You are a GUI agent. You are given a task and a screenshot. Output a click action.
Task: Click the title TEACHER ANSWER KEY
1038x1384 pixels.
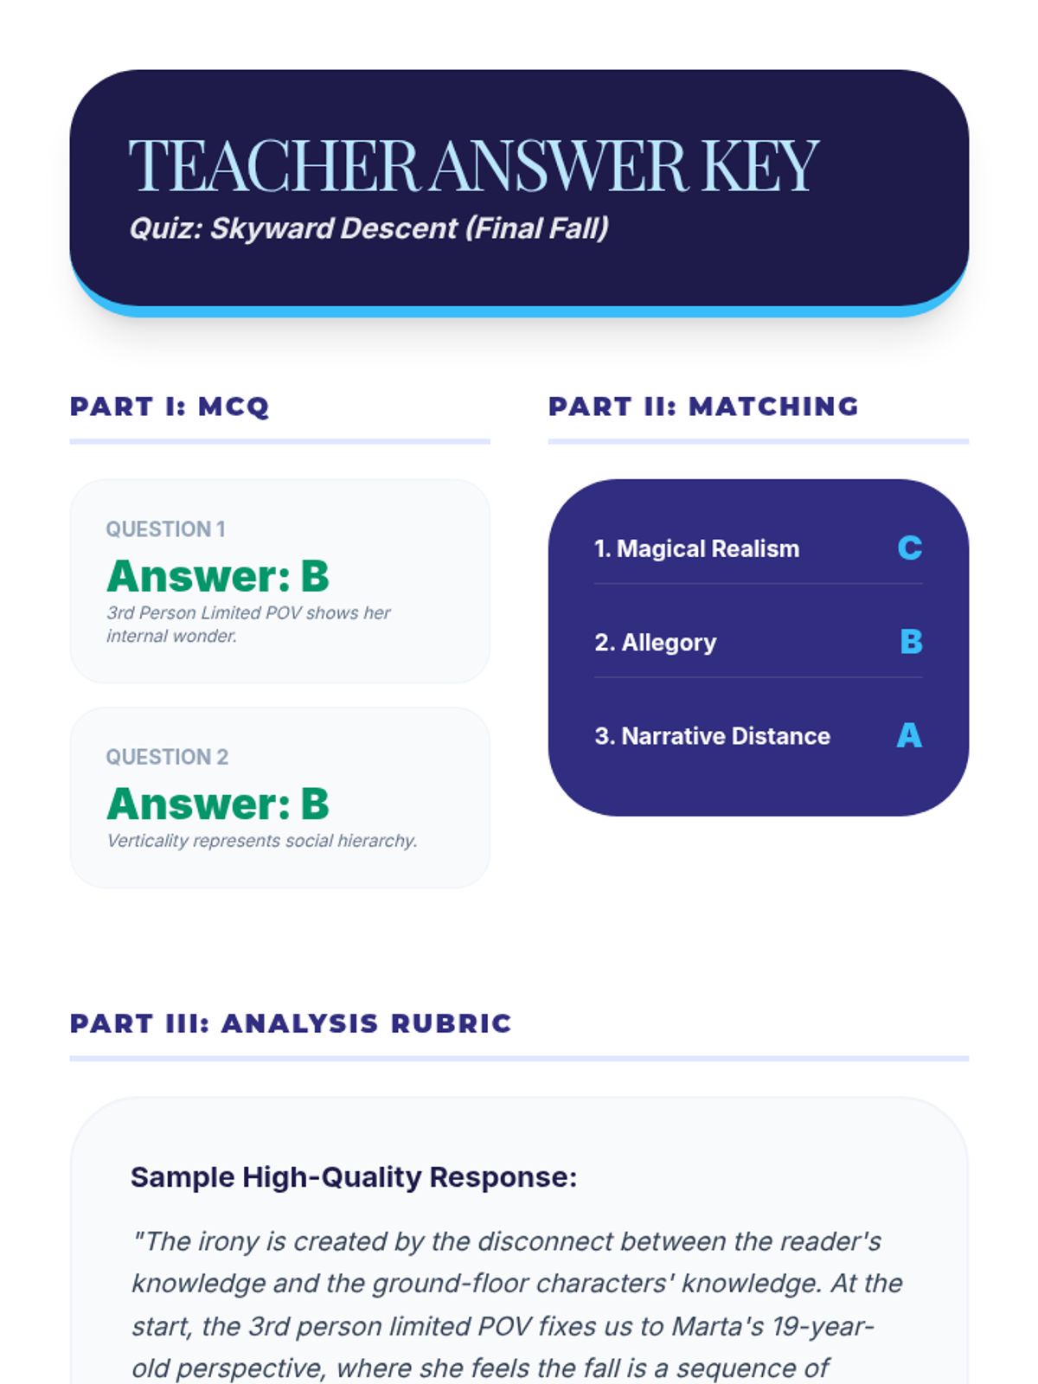474,165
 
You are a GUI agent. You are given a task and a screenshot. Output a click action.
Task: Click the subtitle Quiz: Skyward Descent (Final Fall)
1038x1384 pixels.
369,228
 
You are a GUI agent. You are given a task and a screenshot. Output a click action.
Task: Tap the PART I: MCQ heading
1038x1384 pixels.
170,407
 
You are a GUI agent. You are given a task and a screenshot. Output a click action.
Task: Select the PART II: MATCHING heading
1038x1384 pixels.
704,407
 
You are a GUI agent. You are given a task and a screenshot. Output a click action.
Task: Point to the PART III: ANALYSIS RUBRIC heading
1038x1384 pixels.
291,1023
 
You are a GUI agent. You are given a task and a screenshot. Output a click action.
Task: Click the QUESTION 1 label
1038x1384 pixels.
166,529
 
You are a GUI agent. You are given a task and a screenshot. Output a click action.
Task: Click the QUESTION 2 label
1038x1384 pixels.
167,757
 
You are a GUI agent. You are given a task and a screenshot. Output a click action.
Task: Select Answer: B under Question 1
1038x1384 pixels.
218,576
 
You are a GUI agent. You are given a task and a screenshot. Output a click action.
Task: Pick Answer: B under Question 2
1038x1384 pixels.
218,804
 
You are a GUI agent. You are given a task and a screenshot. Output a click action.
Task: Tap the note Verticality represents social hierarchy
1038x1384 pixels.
262,841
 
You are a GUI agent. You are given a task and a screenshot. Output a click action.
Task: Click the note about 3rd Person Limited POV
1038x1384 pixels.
248,625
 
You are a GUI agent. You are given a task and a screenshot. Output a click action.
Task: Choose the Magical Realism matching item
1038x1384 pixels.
697,548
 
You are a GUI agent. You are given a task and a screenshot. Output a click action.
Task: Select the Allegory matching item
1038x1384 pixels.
656,643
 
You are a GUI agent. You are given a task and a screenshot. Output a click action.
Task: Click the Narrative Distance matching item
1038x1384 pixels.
712,736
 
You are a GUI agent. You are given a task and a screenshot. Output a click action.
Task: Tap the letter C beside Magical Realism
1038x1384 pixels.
910,548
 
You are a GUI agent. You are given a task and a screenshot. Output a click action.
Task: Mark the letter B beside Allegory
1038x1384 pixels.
912,642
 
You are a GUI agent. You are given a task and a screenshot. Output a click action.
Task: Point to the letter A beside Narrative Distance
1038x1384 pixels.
909,735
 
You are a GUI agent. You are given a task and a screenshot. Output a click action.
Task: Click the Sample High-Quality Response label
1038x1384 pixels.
354,1177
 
